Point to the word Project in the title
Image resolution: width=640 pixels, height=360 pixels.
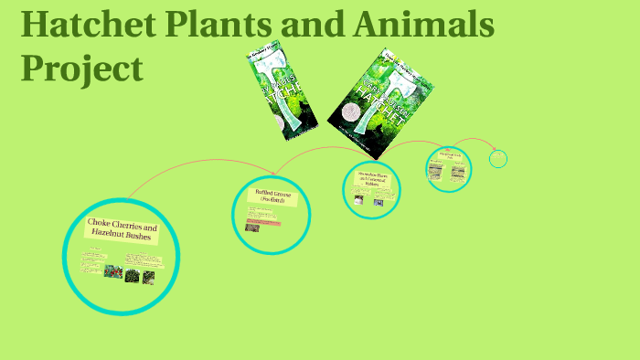click(x=81, y=68)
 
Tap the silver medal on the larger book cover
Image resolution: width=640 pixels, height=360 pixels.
click(x=351, y=111)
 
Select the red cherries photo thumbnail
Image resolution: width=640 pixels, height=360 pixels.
click(x=113, y=271)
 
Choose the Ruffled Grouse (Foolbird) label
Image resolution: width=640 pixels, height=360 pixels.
click(x=272, y=197)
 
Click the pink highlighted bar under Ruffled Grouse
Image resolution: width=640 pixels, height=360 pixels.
click(x=264, y=220)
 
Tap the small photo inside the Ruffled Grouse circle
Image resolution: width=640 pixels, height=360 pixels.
click(x=251, y=228)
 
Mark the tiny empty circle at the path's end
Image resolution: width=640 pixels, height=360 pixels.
click(x=497, y=159)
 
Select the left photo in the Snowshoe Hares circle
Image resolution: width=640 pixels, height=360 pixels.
click(x=358, y=199)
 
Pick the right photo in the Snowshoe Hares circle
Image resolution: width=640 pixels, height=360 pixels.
click(x=379, y=201)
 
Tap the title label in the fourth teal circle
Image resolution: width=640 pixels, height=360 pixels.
click(x=449, y=156)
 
